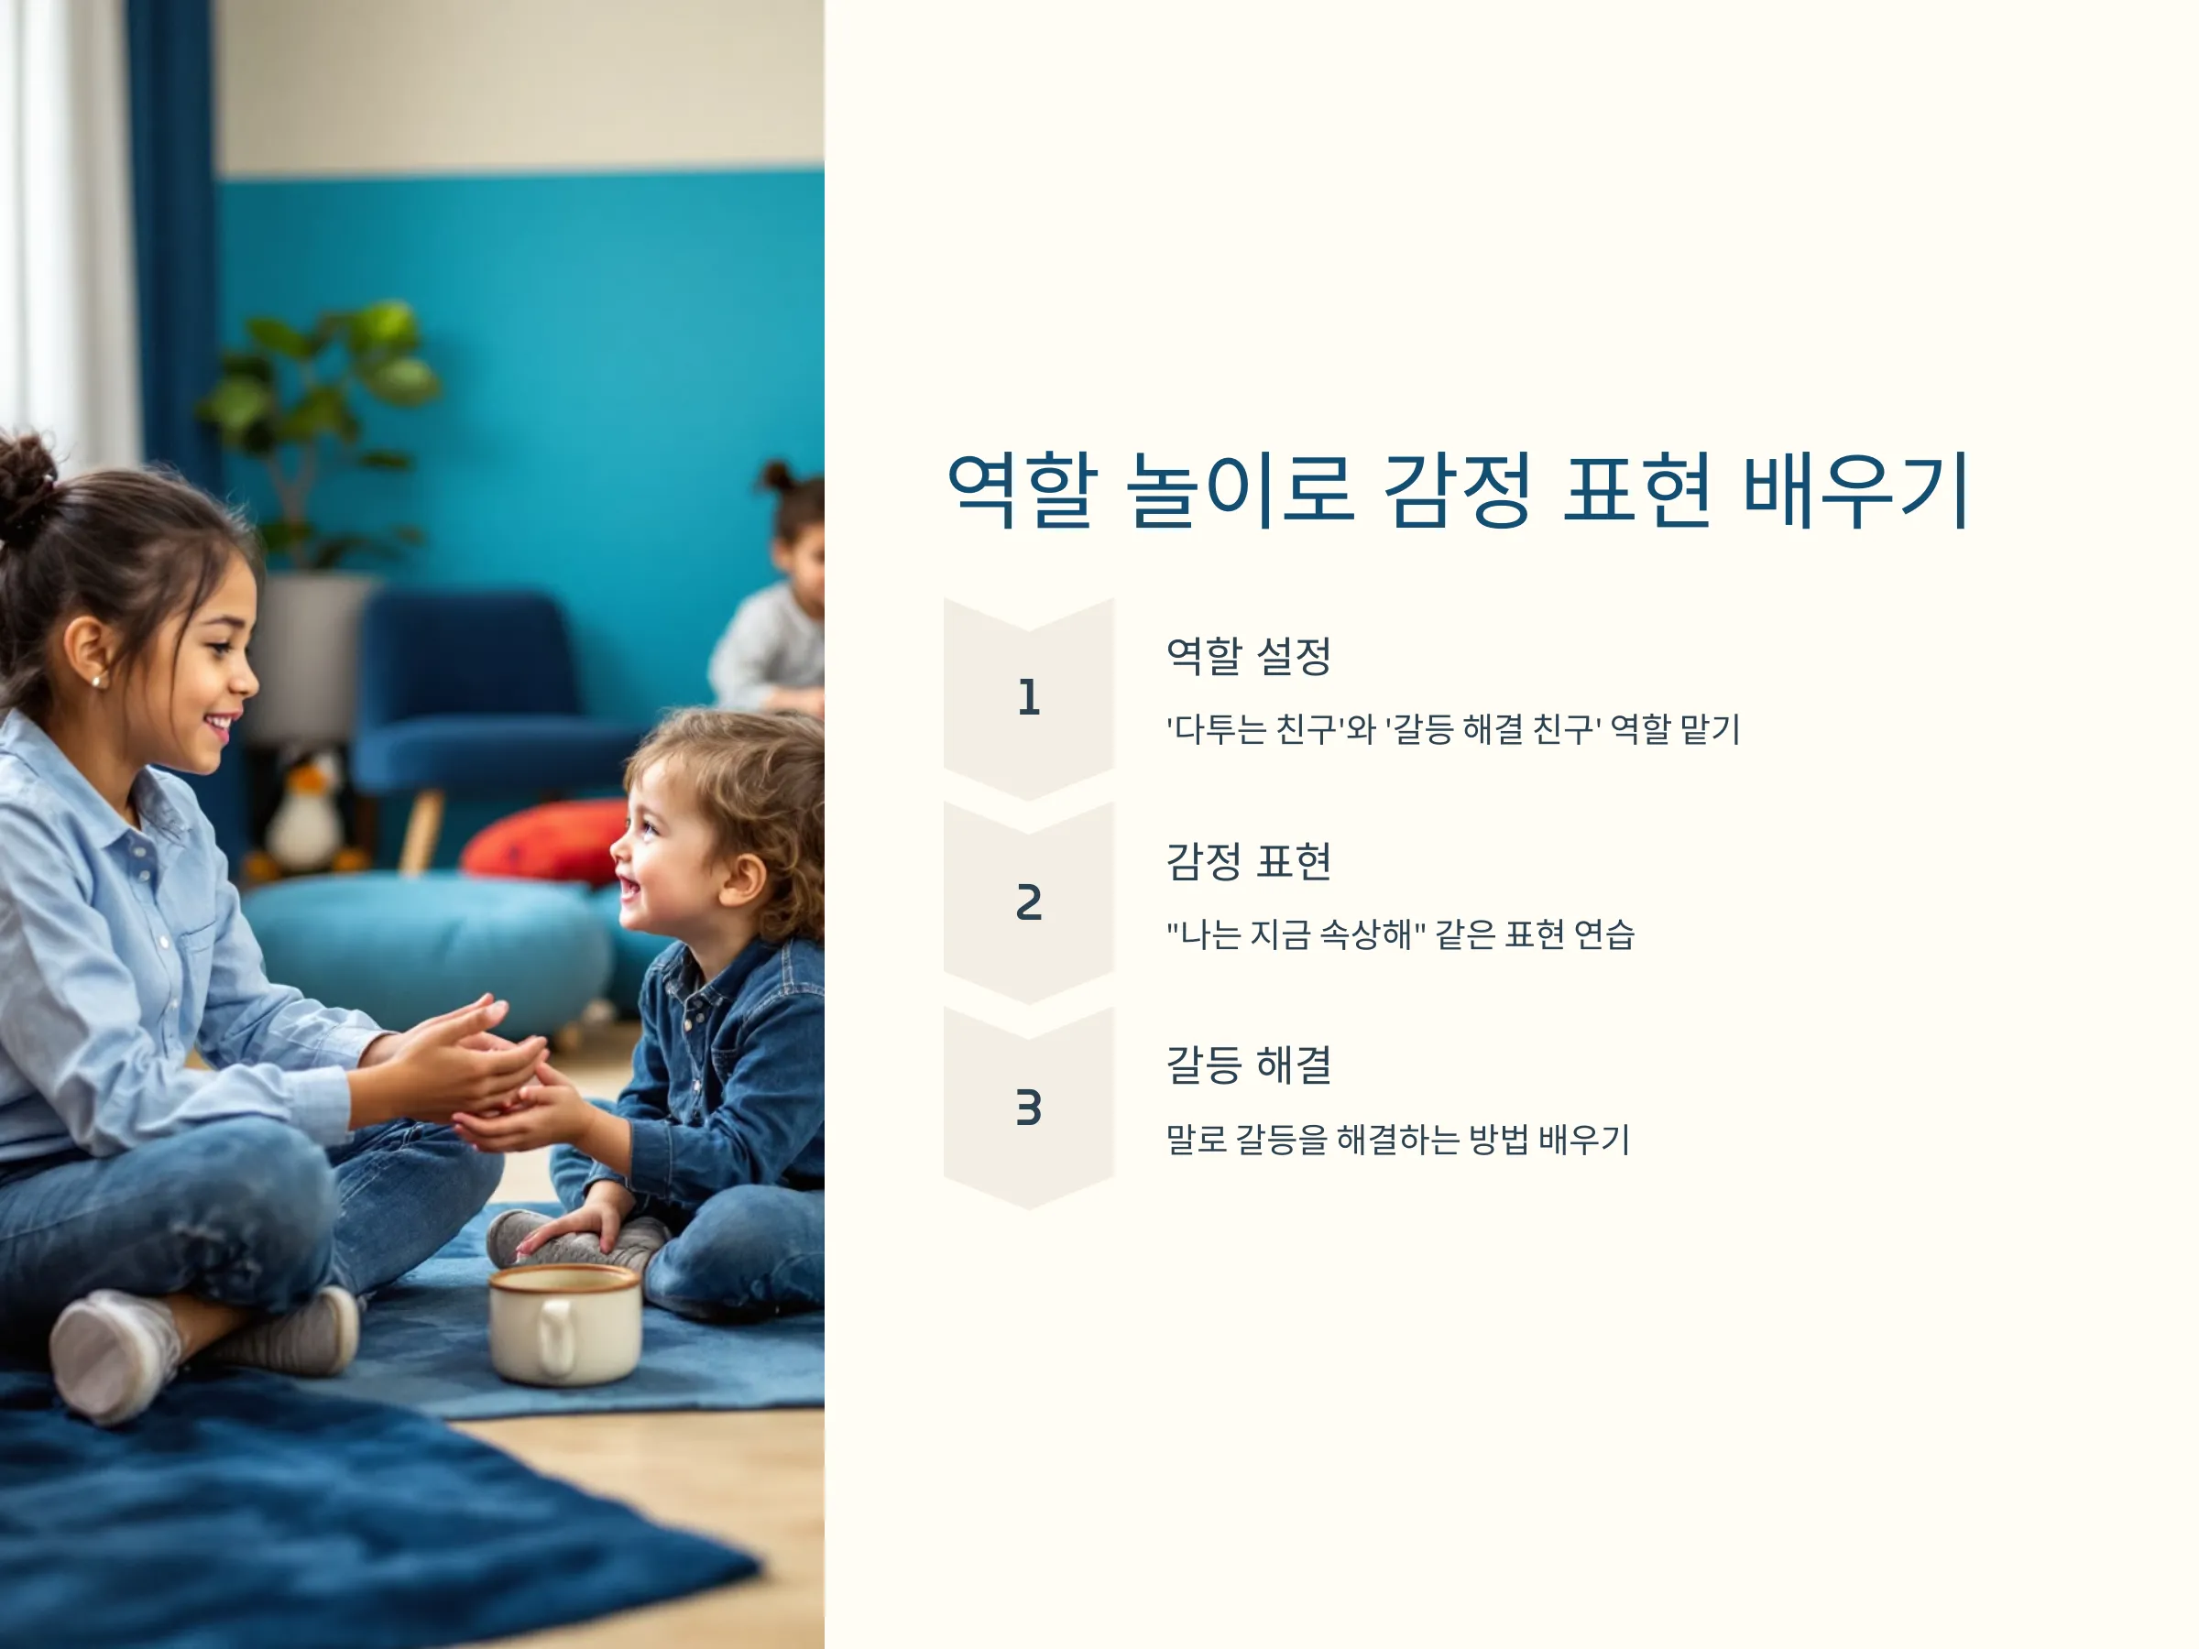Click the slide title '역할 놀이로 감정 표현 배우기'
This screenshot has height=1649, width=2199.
(1458, 490)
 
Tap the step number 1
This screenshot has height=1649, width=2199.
(1029, 698)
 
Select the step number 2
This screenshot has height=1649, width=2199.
(1029, 902)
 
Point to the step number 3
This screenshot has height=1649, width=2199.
(1029, 1108)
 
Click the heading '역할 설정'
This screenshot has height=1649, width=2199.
(1249, 656)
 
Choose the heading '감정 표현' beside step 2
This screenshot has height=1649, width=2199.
(1249, 861)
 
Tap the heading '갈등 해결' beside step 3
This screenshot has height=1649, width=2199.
(1249, 1065)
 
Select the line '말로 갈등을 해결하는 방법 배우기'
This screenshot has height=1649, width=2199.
(1397, 1139)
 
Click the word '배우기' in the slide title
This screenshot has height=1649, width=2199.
(1856, 490)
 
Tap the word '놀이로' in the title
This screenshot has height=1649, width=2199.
(1241, 490)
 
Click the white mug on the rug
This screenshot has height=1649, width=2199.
(563, 1324)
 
